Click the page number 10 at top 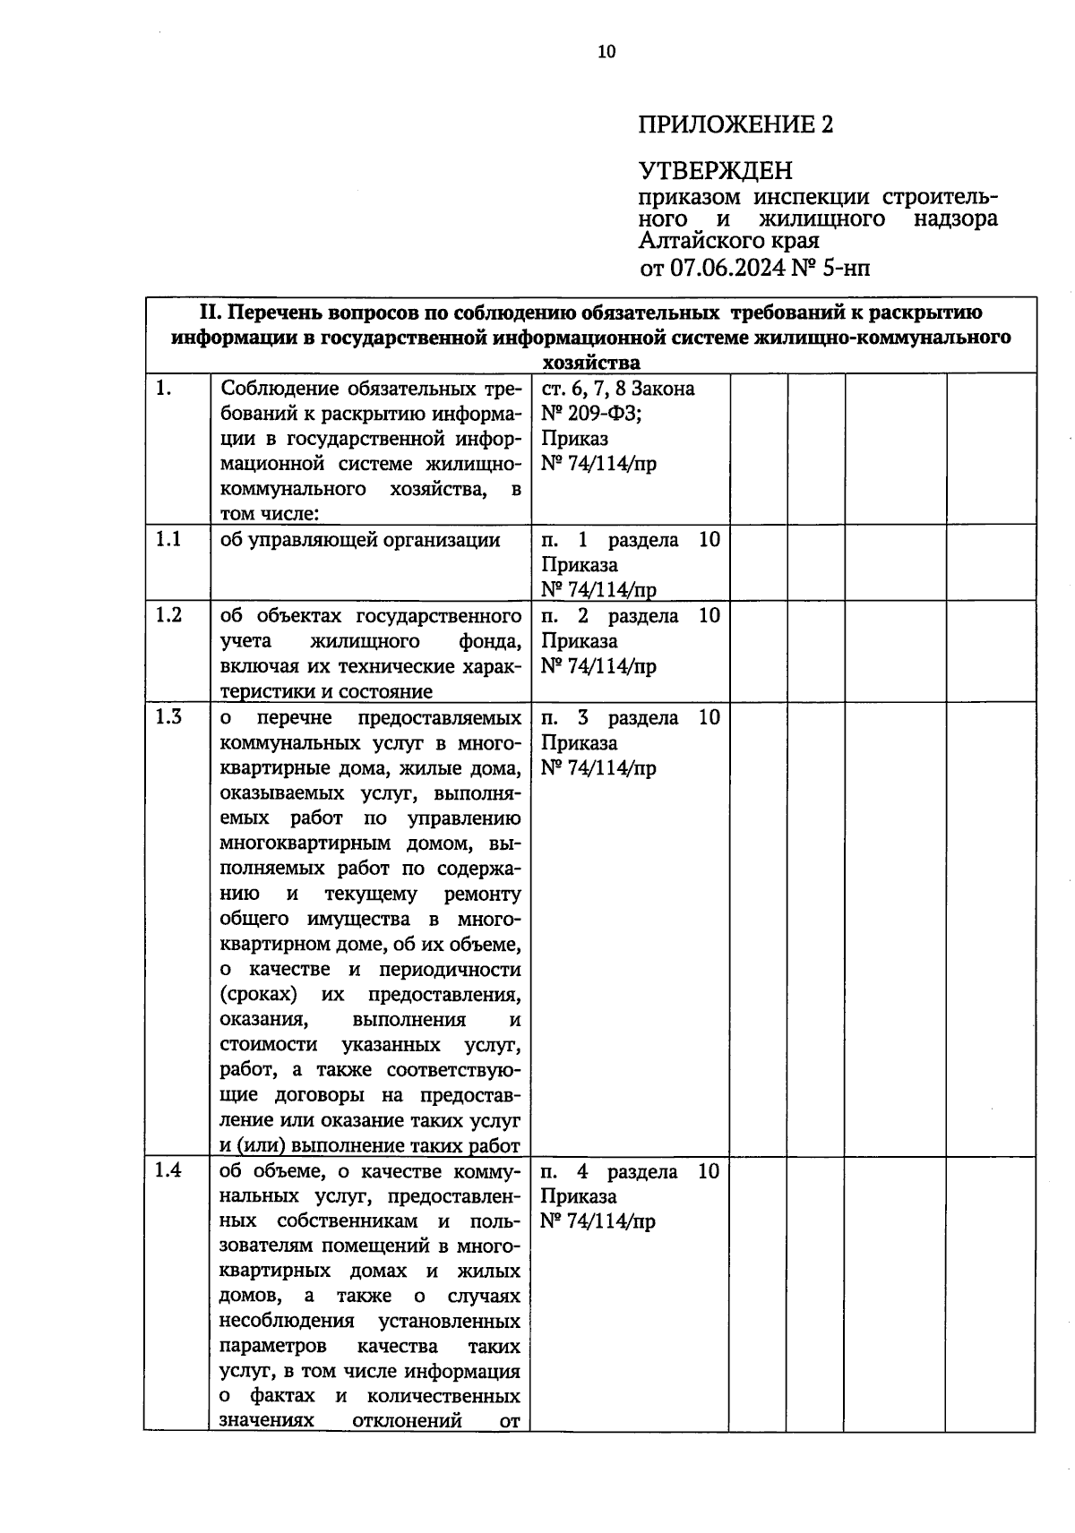[606, 52]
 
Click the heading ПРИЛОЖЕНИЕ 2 [735, 124]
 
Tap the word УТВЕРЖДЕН [715, 169]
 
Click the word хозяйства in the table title [591, 362]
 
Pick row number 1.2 [168, 615]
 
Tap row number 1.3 [168, 717]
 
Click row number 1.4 [168, 1170]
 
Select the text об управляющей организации [359, 539]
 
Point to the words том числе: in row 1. [270, 514]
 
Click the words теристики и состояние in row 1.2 [326, 691]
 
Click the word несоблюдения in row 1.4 [287, 1321]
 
